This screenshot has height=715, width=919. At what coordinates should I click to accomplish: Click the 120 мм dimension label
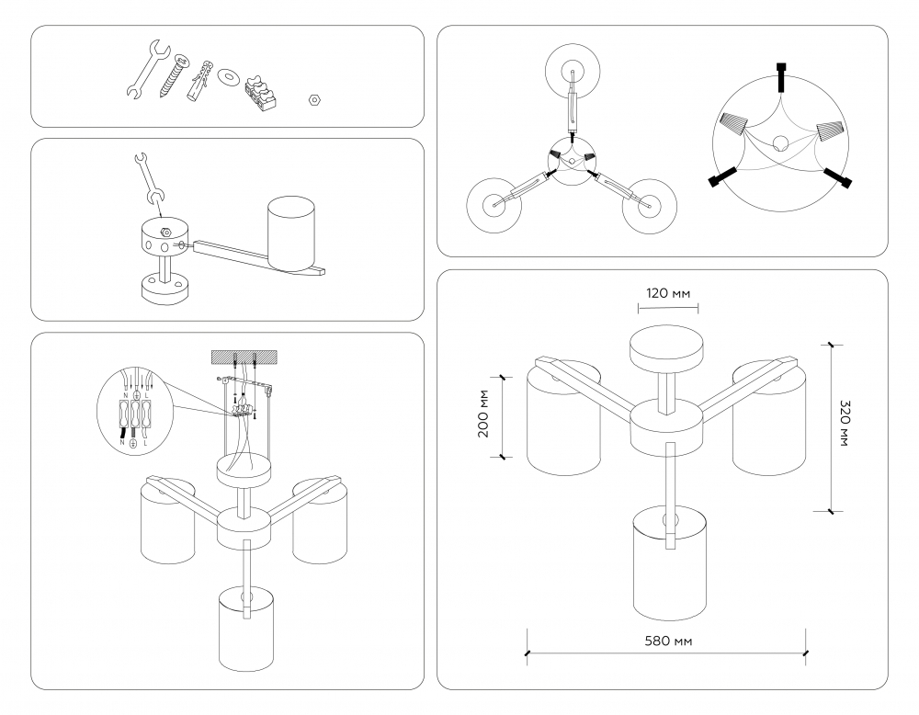tap(666, 294)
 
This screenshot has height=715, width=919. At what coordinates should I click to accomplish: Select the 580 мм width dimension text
tap(667, 640)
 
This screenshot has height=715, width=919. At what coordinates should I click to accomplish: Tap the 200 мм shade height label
tap(484, 416)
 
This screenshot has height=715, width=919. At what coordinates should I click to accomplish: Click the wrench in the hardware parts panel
tap(143, 69)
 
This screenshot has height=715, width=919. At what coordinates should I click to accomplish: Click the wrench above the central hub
tap(146, 178)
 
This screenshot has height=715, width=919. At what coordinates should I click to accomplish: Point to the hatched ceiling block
tap(244, 355)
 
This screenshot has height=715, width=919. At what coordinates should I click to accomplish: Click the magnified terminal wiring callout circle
tap(135, 408)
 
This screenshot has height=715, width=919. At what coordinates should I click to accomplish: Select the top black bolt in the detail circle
tap(781, 77)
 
